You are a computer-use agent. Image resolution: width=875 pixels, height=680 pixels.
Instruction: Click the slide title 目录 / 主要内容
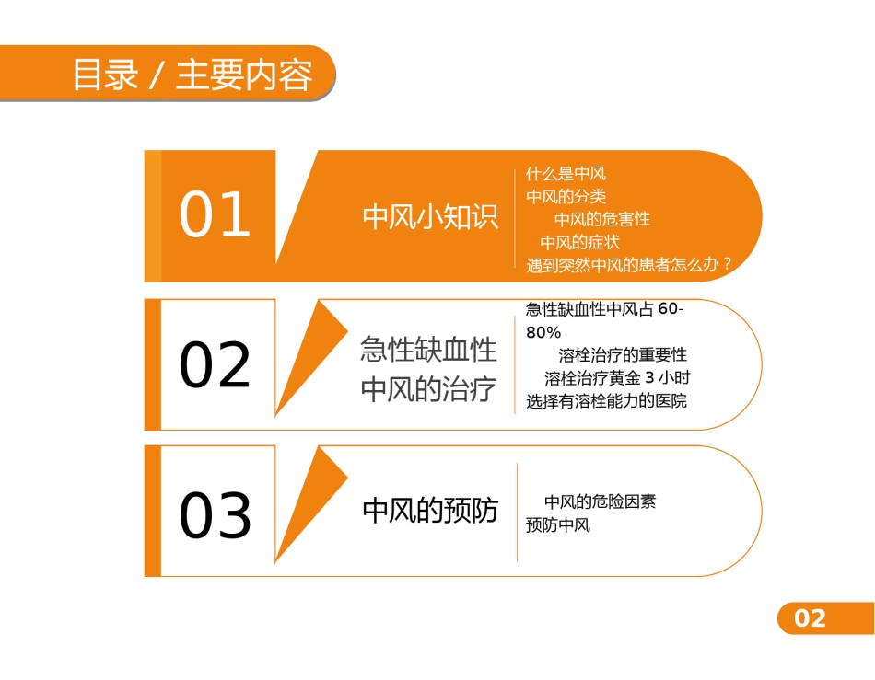[192, 75]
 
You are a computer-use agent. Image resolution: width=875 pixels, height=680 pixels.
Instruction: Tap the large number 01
[215, 214]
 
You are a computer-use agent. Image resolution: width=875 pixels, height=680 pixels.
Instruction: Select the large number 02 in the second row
[215, 364]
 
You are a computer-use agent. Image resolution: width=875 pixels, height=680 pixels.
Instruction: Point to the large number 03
[215, 515]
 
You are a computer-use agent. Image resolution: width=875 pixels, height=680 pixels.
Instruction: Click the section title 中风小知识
[430, 216]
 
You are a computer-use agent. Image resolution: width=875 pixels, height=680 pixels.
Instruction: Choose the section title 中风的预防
[430, 511]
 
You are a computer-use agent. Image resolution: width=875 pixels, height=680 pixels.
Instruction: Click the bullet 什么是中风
[566, 174]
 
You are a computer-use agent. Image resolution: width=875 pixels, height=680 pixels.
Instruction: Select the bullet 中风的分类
[566, 196]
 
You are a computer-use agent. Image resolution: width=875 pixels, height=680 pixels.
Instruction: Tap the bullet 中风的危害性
[602, 219]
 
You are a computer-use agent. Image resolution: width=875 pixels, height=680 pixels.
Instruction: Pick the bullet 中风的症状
[579, 242]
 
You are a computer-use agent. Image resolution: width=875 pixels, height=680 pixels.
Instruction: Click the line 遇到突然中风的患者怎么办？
[628, 265]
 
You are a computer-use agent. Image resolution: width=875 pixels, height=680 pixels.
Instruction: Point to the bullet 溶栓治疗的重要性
[623, 354]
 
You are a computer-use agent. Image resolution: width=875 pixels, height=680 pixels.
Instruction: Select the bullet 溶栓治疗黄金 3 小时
[617, 378]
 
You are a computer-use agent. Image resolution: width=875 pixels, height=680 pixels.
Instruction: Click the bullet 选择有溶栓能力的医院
[607, 401]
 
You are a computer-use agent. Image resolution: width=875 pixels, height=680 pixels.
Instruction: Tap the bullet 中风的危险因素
[600, 501]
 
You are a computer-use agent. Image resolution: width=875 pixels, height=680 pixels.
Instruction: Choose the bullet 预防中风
[558, 525]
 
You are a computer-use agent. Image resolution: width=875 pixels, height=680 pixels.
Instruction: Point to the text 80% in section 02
[543, 333]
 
